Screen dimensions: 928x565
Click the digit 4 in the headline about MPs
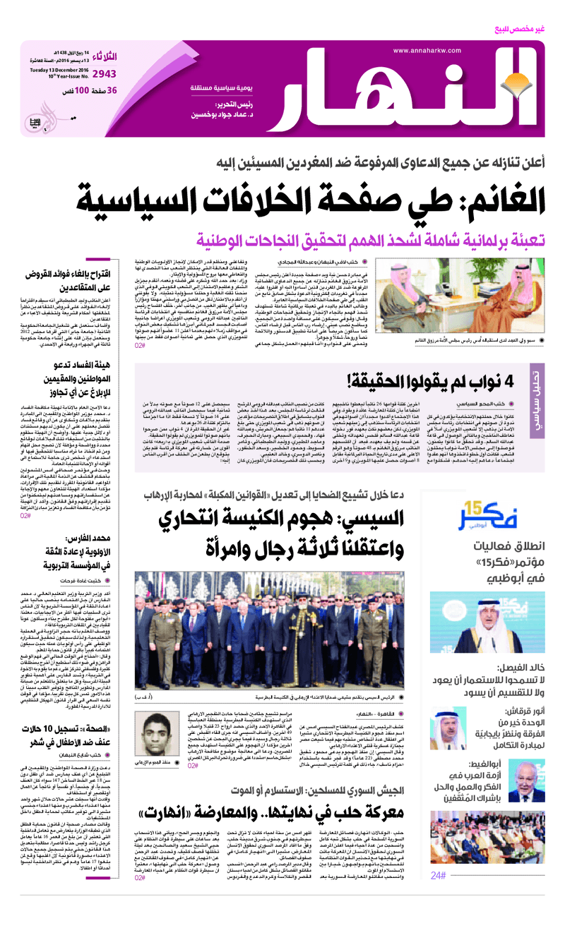pyautogui.click(x=515, y=383)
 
